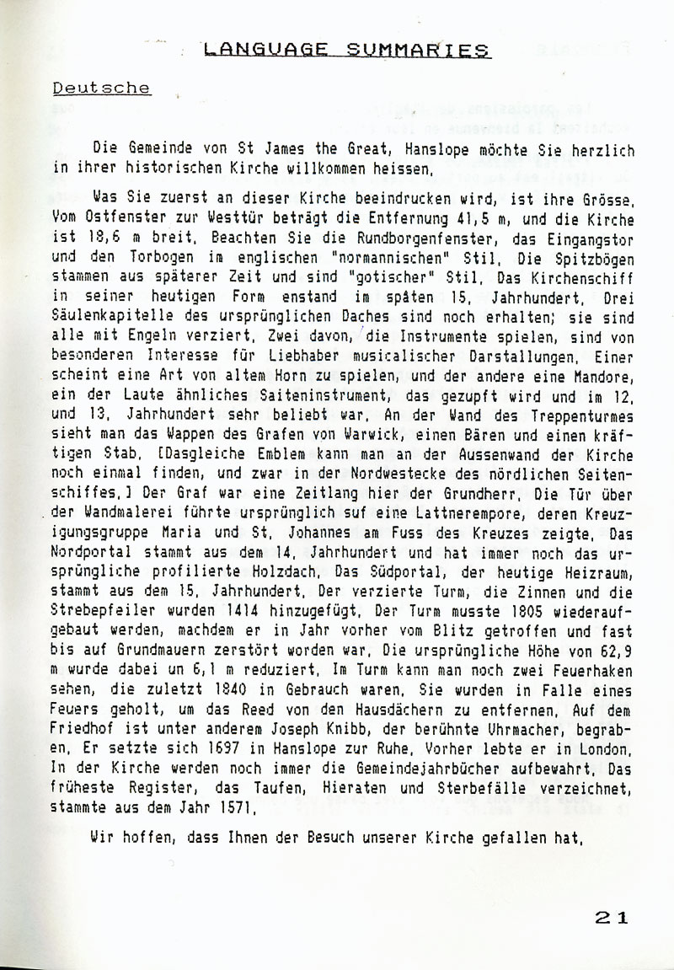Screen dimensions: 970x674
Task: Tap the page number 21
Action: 610,919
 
